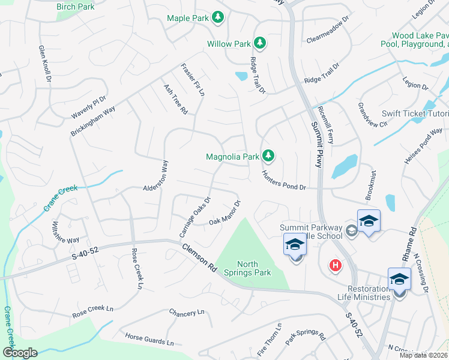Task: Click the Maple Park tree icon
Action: click(x=218, y=17)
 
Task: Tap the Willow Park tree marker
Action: click(x=260, y=43)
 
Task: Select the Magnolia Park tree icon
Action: click(x=268, y=157)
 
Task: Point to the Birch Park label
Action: click(x=76, y=7)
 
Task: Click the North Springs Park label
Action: click(x=255, y=268)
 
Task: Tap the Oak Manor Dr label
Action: click(x=224, y=213)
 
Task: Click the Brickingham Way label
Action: click(x=93, y=118)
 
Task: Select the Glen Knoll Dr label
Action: click(x=45, y=64)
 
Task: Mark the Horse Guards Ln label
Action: click(x=149, y=340)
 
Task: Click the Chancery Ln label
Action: click(x=187, y=313)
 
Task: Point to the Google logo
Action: click(x=20, y=353)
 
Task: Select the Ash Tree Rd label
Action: click(x=176, y=99)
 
